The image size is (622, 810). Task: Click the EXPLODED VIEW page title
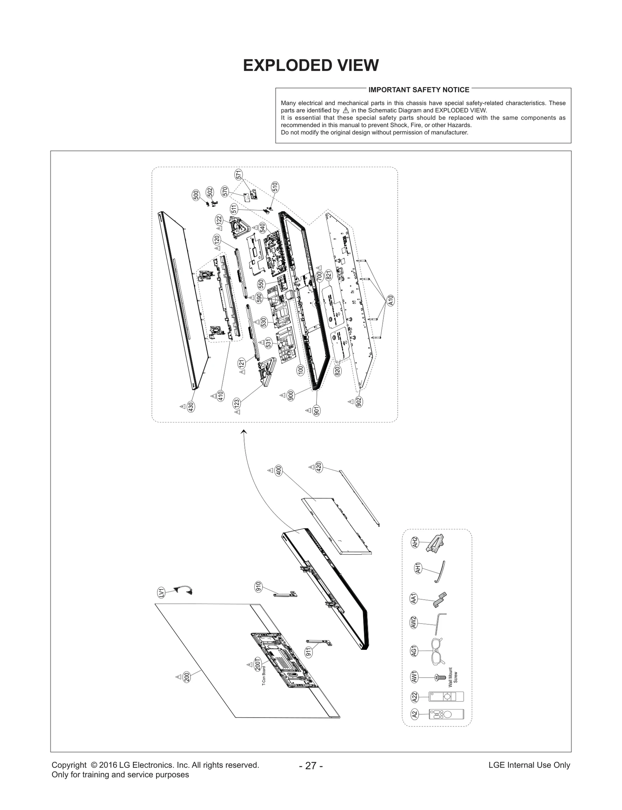click(x=311, y=66)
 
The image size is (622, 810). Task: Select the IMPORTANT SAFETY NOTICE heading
click(x=419, y=90)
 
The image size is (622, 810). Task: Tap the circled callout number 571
click(x=239, y=175)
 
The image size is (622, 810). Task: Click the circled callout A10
click(x=391, y=300)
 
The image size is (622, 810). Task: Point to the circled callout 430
click(x=190, y=407)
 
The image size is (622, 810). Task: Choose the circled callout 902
click(x=359, y=402)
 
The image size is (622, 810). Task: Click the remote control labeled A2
click(x=446, y=714)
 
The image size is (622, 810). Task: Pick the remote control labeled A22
click(x=446, y=697)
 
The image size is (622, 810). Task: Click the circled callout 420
click(x=319, y=467)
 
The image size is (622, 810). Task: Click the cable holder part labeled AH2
click(x=436, y=543)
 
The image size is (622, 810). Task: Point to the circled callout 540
click(x=262, y=227)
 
